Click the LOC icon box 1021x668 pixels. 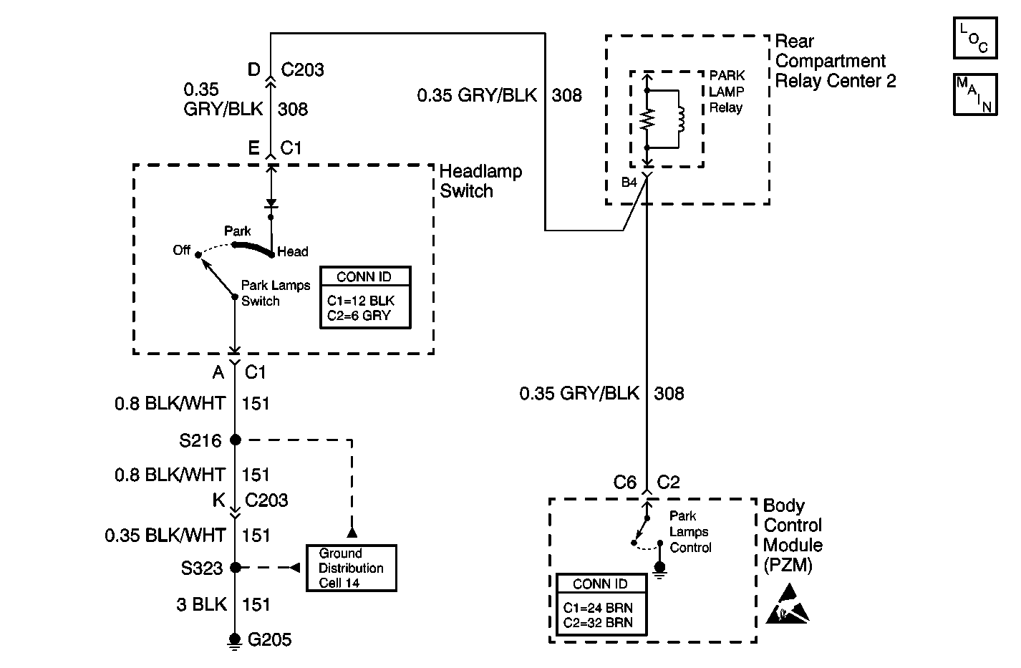tap(975, 38)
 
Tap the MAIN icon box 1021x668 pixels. tap(975, 94)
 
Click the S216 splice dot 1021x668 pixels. tap(235, 440)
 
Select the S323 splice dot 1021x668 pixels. tap(235, 568)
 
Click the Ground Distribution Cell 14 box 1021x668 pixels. tap(351, 568)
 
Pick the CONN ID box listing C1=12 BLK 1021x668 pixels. tap(365, 298)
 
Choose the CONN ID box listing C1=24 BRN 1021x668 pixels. tap(601, 604)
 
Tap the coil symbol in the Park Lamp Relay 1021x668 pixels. tap(680, 120)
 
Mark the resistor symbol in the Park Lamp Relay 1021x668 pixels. tap(647, 120)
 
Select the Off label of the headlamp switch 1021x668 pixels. tap(182, 250)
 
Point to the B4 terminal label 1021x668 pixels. tap(629, 183)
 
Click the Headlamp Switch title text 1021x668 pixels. tap(480, 181)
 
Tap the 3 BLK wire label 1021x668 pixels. tap(201, 605)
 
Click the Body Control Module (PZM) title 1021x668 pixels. tap(793, 536)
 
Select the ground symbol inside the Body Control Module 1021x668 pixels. tap(659, 569)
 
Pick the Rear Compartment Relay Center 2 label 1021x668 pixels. tap(835, 61)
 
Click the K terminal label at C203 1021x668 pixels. tap(218, 500)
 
